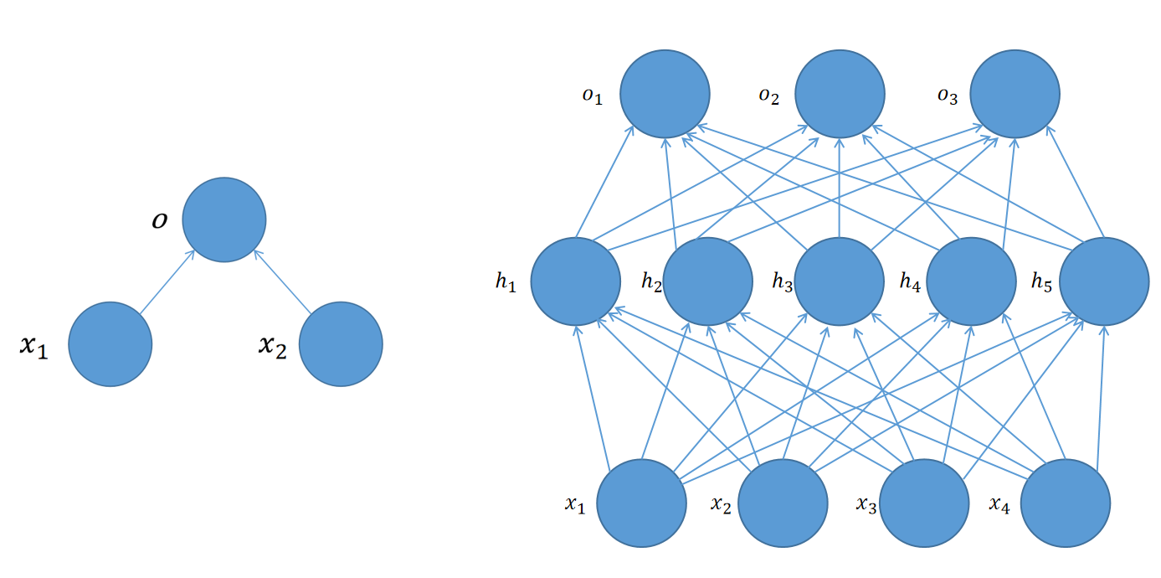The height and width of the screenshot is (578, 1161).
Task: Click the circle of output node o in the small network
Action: [223, 219]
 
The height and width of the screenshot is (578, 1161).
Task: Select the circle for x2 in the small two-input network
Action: [341, 344]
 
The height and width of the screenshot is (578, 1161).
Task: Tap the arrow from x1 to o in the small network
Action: [167, 281]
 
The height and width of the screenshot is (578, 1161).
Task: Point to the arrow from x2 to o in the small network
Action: [282, 281]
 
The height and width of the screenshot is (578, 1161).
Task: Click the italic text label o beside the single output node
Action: [160, 220]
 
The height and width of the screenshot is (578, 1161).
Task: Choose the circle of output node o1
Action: [665, 94]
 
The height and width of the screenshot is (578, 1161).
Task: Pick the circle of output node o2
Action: [840, 94]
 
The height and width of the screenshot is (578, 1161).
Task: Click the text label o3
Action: [948, 96]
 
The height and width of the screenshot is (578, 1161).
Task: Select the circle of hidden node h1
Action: [575, 281]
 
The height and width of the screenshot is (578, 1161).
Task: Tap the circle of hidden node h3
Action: [839, 281]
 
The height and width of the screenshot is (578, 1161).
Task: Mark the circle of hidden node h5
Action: [1104, 281]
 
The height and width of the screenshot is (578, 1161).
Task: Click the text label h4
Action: [910, 281]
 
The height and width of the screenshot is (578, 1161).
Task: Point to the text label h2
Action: [651, 281]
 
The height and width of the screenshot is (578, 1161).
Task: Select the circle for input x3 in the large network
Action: [924, 503]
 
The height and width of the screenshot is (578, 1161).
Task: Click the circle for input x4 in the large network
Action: [1065, 503]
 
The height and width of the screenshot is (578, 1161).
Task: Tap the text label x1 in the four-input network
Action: [575, 504]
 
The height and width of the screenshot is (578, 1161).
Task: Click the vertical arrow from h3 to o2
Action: [840, 188]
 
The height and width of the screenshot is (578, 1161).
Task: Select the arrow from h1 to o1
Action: [604, 182]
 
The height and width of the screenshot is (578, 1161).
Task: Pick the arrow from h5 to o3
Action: [1076, 182]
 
